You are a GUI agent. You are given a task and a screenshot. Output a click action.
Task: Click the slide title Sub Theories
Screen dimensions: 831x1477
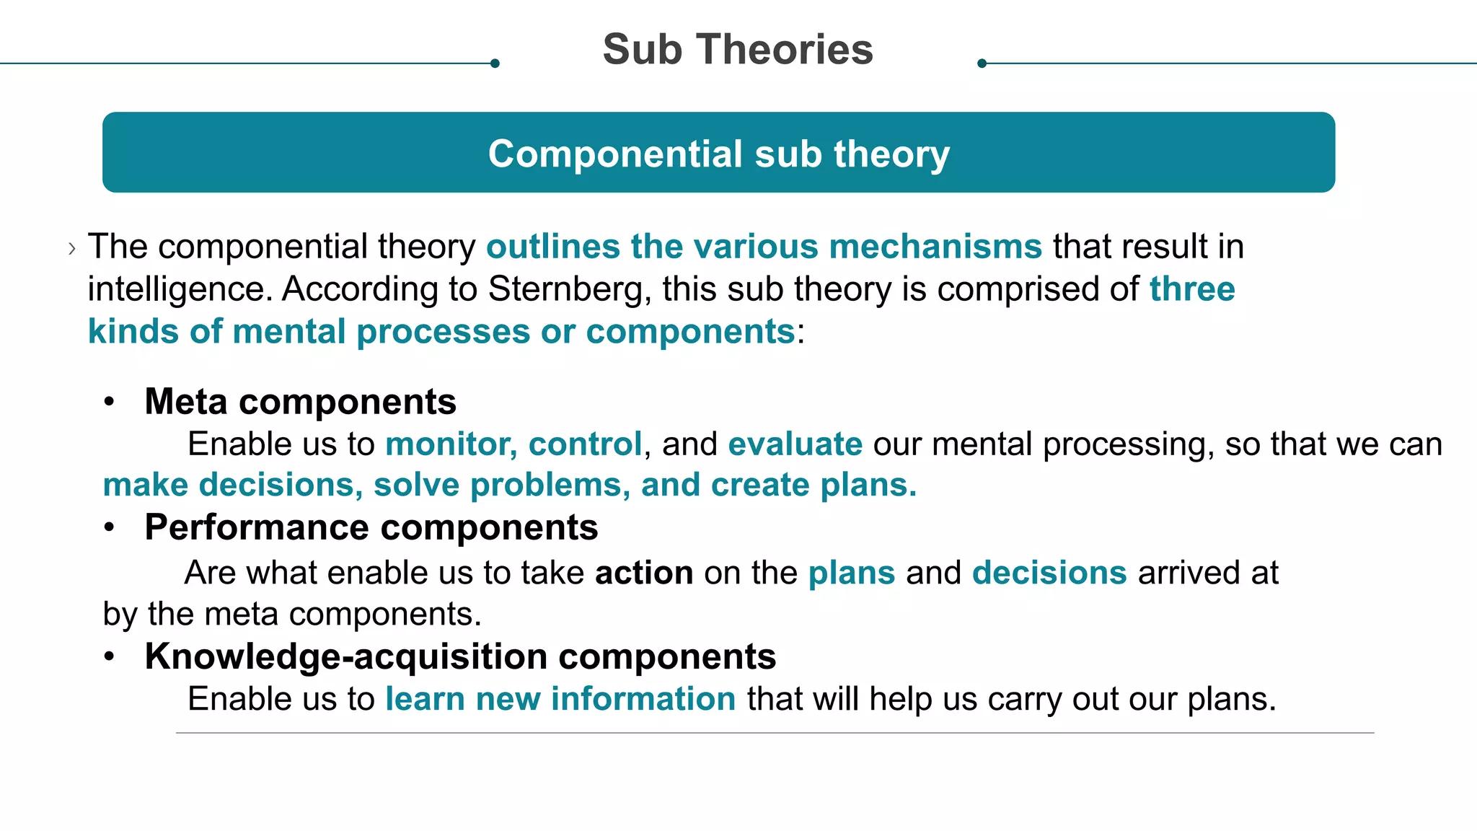point(738,49)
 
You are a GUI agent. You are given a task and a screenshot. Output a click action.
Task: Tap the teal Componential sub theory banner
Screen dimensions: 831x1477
point(718,152)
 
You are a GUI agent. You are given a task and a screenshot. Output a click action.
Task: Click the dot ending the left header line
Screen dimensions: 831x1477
point(495,63)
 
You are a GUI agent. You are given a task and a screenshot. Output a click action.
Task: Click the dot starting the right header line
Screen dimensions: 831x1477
point(982,63)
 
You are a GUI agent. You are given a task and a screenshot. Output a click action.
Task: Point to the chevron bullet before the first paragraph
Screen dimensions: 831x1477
point(72,249)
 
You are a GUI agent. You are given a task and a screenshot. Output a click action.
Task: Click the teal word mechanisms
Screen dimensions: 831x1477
point(935,246)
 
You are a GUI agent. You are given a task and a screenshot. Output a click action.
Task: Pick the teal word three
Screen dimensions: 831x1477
point(1192,289)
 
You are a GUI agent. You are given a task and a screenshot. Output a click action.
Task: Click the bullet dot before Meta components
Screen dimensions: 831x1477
point(109,402)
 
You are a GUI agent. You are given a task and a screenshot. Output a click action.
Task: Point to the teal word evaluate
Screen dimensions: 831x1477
point(795,444)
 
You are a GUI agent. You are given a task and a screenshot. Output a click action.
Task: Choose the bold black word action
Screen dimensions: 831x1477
point(644,573)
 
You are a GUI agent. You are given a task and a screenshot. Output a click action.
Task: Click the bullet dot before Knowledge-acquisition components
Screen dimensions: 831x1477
point(109,656)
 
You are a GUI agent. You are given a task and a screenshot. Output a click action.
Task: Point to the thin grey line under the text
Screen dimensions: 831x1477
point(775,733)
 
